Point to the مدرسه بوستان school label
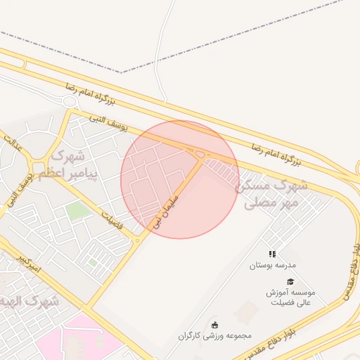coord(272,266)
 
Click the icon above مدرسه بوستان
coord(272,254)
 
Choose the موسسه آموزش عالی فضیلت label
coord(290,297)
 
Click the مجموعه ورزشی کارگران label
coord(215,336)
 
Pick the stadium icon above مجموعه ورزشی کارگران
coord(215,324)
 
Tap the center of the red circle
coord(180,179)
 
